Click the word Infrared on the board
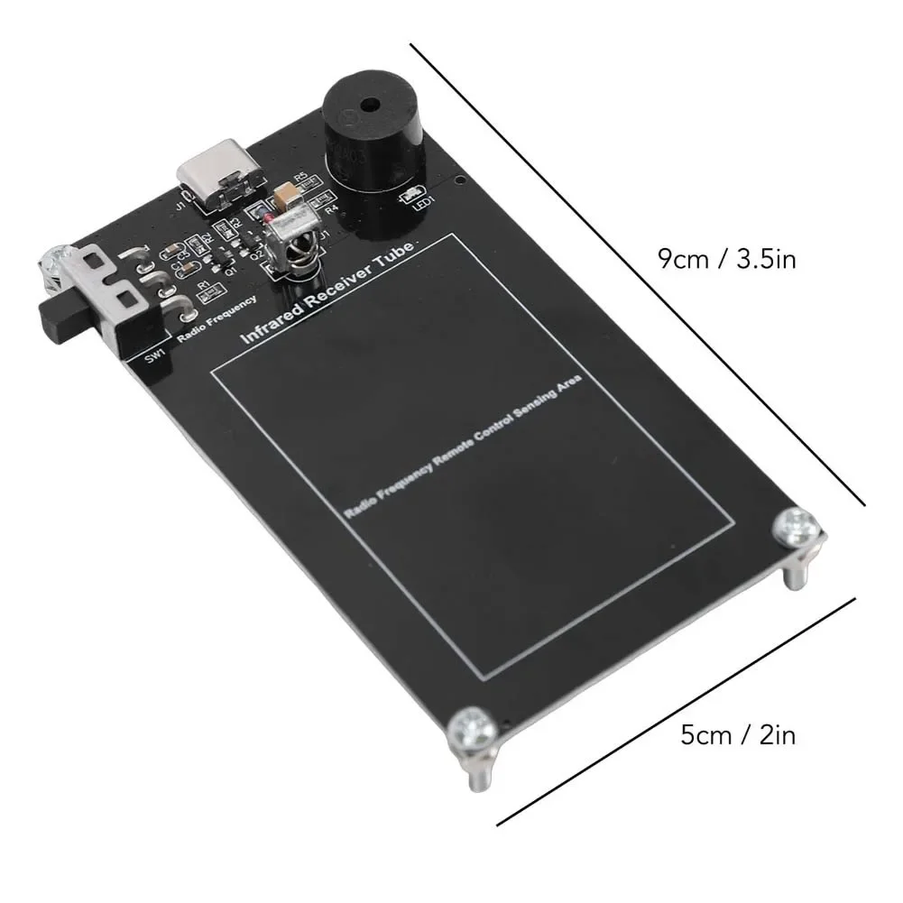click(x=271, y=321)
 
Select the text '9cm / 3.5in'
click(x=726, y=261)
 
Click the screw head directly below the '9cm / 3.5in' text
click(x=798, y=523)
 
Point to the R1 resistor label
click(x=203, y=286)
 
